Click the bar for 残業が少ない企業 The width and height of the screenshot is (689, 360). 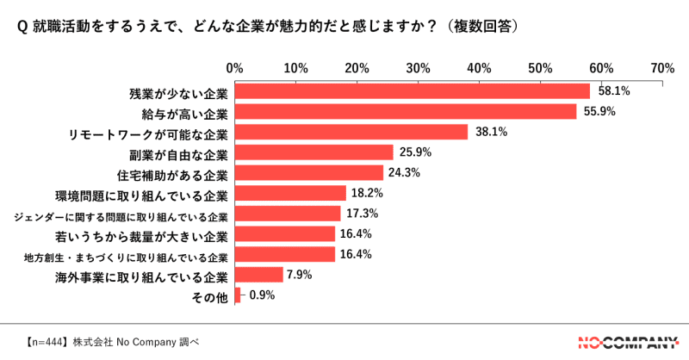(x=412, y=90)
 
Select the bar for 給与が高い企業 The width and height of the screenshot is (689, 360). (x=405, y=111)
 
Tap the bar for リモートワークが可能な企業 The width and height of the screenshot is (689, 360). (x=351, y=132)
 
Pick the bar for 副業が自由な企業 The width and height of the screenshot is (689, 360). (x=313, y=152)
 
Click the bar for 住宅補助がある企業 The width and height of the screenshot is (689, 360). (x=308, y=172)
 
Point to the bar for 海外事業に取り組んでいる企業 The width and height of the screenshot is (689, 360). (x=258, y=275)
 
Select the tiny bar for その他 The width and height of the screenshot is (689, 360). (x=237, y=295)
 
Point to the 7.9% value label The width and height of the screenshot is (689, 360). (x=301, y=275)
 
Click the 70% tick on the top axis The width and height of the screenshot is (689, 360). (x=662, y=67)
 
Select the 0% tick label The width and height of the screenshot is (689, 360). (x=233, y=67)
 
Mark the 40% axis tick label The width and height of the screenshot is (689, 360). (x=479, y=67)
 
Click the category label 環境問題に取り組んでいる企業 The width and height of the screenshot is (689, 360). (x=141, y=194)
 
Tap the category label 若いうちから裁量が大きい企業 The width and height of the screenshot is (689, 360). (x=141, y=234)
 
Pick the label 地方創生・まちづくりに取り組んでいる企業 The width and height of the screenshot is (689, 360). (x=126, y=256)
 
